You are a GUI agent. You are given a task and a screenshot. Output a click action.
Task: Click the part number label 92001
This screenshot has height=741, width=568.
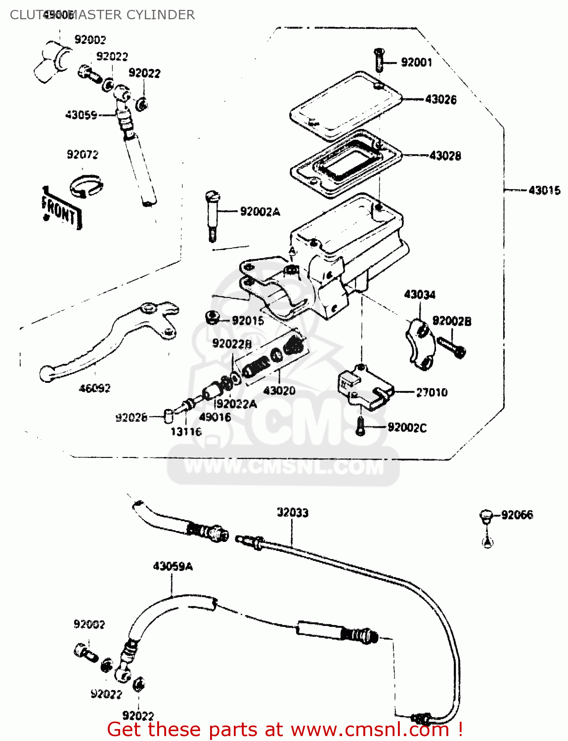pos(416,62)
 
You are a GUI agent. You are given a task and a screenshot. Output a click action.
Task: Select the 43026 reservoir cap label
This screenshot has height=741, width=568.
pos(441,99)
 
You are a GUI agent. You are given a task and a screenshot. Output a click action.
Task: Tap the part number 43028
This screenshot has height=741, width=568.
pos(445,156)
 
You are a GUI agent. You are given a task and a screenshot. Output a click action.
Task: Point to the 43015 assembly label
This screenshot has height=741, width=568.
pos(544,190)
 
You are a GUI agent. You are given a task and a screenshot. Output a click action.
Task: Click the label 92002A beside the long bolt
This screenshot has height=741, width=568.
pos(260,212)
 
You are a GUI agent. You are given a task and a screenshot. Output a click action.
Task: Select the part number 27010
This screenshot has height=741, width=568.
pos(432,392)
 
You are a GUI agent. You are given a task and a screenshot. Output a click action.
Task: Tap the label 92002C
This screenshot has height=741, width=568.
pos(407,428)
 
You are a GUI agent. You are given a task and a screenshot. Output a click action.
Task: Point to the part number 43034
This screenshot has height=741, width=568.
pos(420,295)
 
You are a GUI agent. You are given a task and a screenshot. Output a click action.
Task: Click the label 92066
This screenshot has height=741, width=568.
pos(517,515)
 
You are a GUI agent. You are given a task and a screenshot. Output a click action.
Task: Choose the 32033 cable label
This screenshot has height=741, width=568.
pos(293,512)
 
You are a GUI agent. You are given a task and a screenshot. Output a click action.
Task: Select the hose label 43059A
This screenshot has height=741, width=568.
pos(173,566)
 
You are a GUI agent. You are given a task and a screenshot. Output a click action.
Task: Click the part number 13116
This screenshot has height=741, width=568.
pos(186,432)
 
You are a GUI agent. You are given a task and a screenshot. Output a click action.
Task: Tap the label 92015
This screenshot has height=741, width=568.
pos(248,321)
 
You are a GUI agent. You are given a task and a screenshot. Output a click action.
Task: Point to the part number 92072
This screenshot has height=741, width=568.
pos(83,155)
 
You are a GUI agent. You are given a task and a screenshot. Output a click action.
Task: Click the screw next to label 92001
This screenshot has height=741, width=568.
pos(379,59)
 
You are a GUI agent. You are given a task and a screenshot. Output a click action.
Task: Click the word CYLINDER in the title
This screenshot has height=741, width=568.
pos(161,15)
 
